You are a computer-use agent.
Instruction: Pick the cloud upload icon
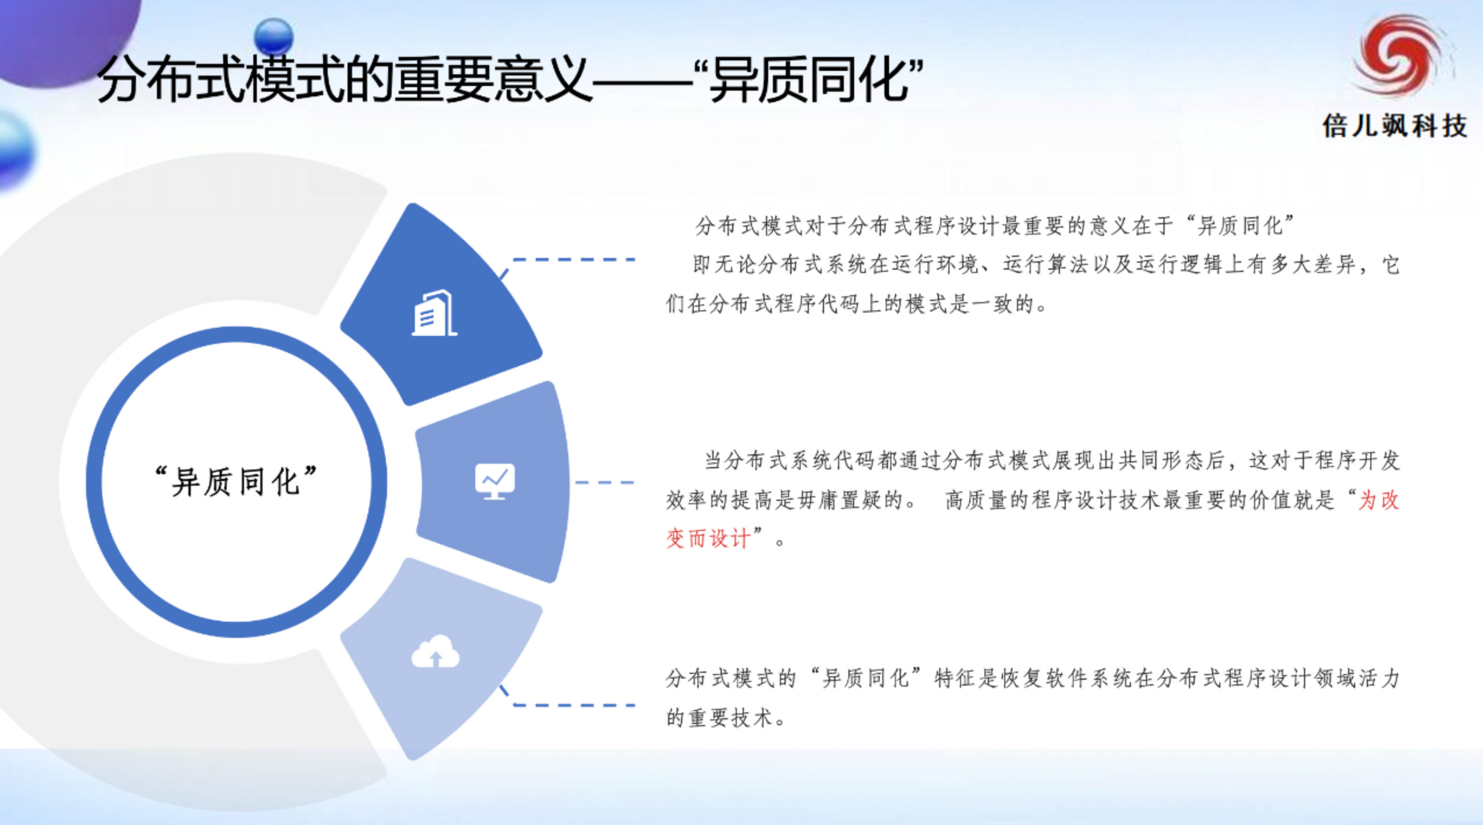tap(435, 651)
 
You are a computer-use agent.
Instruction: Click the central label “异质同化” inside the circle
tap(237, 482)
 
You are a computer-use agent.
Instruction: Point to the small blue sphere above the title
tap(274, 36)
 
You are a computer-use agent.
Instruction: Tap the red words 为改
tap(1378, 500)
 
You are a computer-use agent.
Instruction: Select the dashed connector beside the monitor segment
tap(604, 482)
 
